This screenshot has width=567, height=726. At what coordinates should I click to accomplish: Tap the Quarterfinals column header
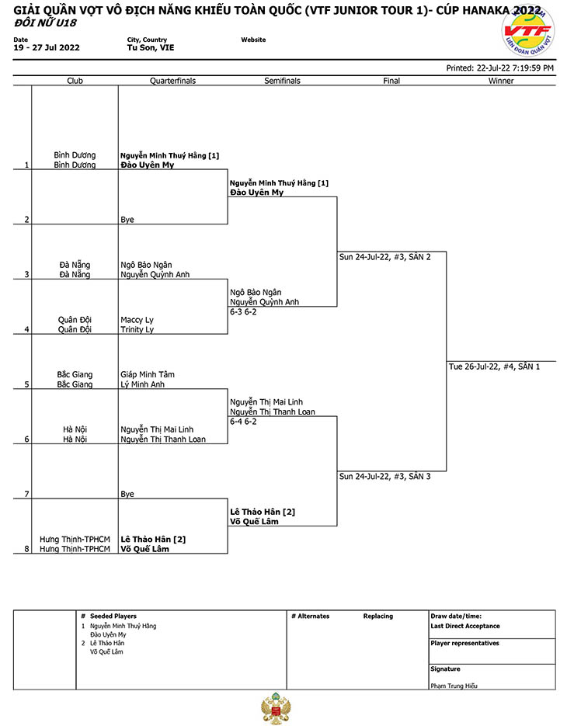click(x=172, y=81)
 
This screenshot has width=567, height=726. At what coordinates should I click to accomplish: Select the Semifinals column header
click(x=282, y=81)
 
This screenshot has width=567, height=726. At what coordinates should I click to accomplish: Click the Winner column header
click(x=501, y=81)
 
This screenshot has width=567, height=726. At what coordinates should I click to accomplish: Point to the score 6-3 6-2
click(x=243, y=311)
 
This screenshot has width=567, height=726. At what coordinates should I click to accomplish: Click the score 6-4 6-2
click(x=243, y=422)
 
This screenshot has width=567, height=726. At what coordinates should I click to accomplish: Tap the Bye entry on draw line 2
click(x=127, y=220)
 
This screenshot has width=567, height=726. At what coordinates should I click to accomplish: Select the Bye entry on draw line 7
click(x=127, y=494)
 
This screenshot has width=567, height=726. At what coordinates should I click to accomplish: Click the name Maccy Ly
click(x=137, y=320)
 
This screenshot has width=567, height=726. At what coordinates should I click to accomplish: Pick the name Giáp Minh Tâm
click(x=148, y=374)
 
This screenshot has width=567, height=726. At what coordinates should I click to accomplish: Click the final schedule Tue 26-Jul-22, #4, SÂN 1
click(x=494, y=366)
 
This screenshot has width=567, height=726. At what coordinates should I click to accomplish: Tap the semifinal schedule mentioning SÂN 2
click(x=385, y=257)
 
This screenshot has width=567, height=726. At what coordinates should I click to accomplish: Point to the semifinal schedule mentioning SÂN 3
click(x=385, y=477)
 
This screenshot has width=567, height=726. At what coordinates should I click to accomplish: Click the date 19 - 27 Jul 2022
click(x=47, y=47)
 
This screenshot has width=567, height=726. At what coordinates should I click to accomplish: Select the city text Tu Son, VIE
click(x=151, y=47)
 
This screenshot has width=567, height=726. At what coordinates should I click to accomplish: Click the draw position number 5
click(x=27, y=384)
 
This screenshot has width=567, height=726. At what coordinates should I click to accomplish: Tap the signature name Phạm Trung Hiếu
click(x=454, y=686)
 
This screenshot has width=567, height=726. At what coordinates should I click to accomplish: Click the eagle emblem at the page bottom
click(x=276, y=708)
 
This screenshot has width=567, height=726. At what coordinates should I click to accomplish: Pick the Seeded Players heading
click(x=113, y=617)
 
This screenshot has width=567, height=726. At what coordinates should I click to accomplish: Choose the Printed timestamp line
click(x=500, y=68)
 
